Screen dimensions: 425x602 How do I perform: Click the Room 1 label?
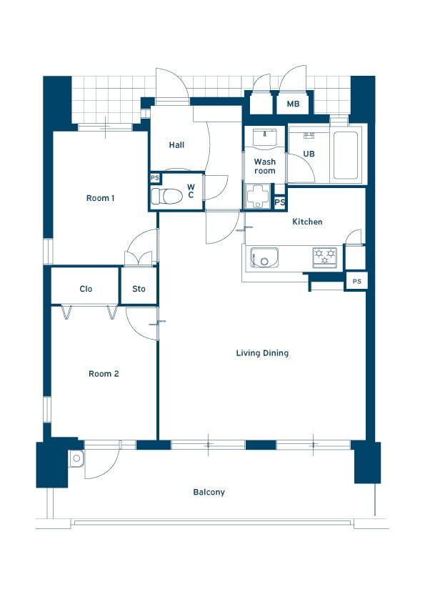point(100,198)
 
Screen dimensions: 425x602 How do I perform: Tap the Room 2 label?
point(104,373)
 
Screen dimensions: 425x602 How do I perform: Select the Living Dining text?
point(262,353)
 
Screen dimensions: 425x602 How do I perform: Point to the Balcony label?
point(209,492)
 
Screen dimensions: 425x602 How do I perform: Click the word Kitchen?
point(307,222)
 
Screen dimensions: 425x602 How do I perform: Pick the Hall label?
point(176,144)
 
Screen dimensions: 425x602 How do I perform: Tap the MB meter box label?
point(293,104)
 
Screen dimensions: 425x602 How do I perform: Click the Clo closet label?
point(86,289)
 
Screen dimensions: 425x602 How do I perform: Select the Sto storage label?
point(139,289)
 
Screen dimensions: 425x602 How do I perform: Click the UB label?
point(309,154)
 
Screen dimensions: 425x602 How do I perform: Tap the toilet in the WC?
point(166,196)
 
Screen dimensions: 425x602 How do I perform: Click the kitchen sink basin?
point(264,257)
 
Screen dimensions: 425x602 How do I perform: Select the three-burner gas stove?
point(325,257)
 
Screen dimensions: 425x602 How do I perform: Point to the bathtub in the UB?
point(346,155)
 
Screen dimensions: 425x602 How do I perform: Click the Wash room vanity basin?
point(265,137)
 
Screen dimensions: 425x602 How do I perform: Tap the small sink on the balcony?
point(76,458)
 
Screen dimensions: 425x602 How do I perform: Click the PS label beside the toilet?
point(155,178)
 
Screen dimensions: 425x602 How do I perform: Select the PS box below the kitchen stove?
point(356,282)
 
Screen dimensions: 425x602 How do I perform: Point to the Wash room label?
point(265,167)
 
